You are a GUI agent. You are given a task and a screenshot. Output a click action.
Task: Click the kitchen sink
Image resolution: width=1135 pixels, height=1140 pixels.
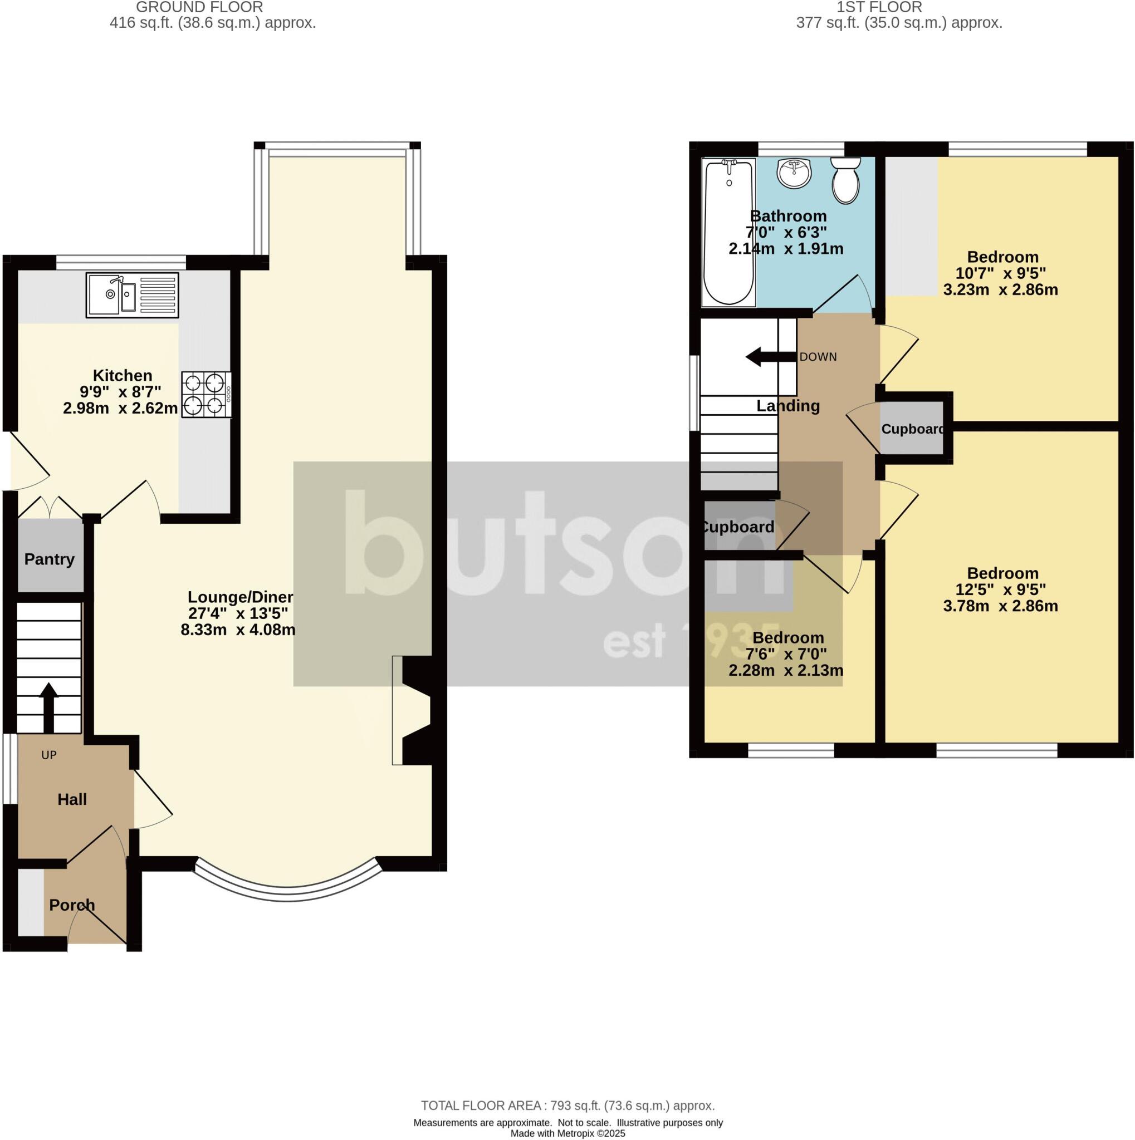pyautogui.click(x=132, y=295)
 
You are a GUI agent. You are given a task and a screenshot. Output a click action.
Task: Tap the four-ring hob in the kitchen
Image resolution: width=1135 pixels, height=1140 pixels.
pyautogui.click(x=206, y=395)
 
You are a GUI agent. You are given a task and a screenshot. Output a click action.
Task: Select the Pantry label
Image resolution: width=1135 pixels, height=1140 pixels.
pyautogui.click(x=50, y=559)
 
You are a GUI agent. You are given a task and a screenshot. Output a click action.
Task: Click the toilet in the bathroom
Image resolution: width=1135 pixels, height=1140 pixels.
pyautogui.click(x=846, y=180)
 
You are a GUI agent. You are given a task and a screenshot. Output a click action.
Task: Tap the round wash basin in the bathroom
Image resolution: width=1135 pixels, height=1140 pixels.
pyautogui.click(x=794, y=174)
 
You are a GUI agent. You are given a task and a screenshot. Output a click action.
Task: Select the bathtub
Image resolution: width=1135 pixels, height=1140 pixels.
pyautogui.click(x=730, y=233)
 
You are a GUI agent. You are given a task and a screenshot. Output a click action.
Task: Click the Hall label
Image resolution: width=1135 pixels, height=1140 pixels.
pyautogui.click(x=72, y=799)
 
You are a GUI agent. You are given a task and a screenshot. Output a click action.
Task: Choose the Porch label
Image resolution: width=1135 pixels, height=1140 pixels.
pyautogui.click(x=72, y=905)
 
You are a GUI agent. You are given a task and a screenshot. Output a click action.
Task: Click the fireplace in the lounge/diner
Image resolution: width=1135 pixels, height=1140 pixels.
pyautogui.click(x=413, y=710)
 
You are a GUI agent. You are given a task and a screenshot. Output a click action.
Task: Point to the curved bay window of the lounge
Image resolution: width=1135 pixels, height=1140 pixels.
pyautogui.click(x=287, y=893)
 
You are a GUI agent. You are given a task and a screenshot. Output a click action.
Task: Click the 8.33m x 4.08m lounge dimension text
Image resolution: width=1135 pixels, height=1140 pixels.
pyautogui.click(x=238, y=630)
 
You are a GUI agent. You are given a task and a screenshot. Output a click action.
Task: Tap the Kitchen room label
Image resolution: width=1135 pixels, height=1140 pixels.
pyautogui.click(x=123, y=375)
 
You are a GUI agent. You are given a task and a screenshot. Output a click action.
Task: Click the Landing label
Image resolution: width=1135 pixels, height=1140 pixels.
pyautogui.click(x=788, y=406)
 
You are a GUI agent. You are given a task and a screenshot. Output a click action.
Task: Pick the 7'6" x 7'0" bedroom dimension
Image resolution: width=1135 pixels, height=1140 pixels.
pyautogui.click(x=786, y=654)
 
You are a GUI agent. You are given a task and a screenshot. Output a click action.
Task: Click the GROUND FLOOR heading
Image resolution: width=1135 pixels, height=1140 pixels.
pyautogui.click(x=199, y=8)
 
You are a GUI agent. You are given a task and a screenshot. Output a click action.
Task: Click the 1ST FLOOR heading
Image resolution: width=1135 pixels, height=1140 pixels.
pyautogui.click(x=879, y=8)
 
